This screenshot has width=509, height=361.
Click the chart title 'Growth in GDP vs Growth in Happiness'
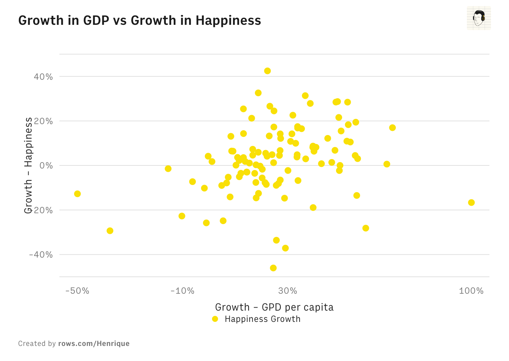point(139,20)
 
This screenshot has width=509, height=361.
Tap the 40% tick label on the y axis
point(43,77)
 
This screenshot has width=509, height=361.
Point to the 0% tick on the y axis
point(46,166)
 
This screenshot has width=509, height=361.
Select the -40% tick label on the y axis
point(41,255)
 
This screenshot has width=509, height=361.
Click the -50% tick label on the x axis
point(77,291)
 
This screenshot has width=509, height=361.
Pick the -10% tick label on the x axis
point(182,291)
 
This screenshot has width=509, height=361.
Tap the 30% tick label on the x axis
point(288,291)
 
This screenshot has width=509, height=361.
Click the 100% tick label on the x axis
point(471,291)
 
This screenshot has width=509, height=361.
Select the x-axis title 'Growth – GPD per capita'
point(274,307)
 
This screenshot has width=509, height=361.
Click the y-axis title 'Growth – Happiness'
point(28,165)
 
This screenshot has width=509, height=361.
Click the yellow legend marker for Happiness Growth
point(215,319)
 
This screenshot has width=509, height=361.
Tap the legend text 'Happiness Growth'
point(262,319)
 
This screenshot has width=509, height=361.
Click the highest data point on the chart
point(267,71)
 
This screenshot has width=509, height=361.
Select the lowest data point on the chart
point(273,268)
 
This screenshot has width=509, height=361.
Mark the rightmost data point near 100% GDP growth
point(471,203)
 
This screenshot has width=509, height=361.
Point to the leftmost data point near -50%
point(77,194)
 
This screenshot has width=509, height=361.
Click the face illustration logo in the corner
point(479,18)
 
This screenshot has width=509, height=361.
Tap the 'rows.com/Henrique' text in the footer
point(94,343)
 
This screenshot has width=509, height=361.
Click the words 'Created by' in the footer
point(37,343)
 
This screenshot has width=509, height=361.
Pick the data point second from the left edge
point(110,231)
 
